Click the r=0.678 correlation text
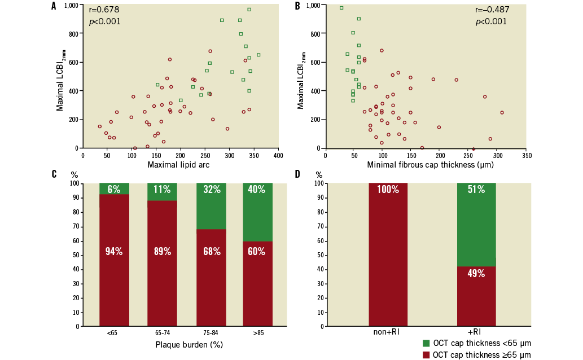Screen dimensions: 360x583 click(104, 10)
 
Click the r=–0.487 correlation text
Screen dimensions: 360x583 click(492, 10)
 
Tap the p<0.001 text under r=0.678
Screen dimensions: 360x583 click(104, 22)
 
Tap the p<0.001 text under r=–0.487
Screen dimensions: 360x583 click(491, 22)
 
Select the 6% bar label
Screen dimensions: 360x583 click(114, 190)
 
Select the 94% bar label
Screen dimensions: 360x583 click(114, 252)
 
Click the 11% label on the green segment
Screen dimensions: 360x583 click(162, 190)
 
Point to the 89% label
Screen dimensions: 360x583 click(162, 252)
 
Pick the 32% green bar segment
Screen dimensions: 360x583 click(211, 206)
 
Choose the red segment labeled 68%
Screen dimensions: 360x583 click(211, 276)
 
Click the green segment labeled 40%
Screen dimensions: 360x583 click(257, 212)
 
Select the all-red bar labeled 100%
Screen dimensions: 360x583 click(388, 254)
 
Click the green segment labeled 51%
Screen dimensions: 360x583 click(476, 225)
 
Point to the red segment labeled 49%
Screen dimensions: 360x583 click(476, 296)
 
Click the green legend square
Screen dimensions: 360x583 click(426, 344)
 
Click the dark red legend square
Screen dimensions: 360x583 click(426, 355)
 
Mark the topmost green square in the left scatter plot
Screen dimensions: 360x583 click(249, 10)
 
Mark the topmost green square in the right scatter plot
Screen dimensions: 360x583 click(341, 8)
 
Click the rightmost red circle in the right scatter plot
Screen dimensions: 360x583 click(502, 112)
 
